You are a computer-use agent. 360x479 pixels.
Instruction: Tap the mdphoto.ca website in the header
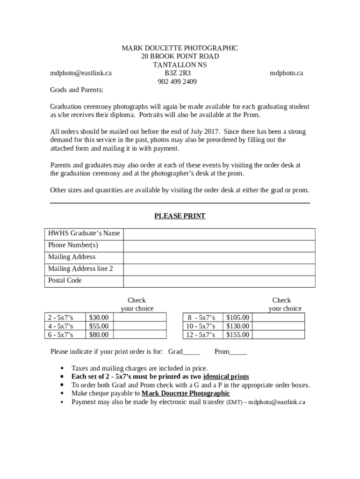pos(286,73)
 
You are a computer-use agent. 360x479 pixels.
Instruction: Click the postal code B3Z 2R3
pos(177,73)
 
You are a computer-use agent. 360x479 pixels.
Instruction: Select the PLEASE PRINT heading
pos(180,216)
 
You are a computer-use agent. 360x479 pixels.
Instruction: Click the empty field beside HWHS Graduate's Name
pos(219,233)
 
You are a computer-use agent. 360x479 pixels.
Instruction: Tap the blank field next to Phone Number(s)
pos(219,245)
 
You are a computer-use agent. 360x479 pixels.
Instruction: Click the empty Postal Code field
pos(219,281)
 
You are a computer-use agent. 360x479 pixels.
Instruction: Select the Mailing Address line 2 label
pos(80,269)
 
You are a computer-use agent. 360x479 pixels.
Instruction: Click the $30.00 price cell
pos(99,318)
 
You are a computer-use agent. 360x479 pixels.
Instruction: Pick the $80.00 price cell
pos(99,334)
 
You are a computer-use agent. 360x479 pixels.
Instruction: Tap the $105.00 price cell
pos(238,318)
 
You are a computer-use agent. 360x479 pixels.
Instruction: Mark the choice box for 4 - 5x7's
pos(139,326)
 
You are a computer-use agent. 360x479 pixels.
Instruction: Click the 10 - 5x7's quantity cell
pos(201,326)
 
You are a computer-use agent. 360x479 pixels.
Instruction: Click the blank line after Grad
pos(192,352)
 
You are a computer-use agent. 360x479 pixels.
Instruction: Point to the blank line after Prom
pos(238,352)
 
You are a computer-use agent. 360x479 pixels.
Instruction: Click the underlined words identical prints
pos(226,377)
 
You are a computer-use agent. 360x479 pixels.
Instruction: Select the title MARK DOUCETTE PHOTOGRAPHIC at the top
pos(180,48)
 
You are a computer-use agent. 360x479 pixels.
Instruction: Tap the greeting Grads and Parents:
pos(77,90)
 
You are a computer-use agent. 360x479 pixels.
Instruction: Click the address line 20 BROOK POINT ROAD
pos(180,57)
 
